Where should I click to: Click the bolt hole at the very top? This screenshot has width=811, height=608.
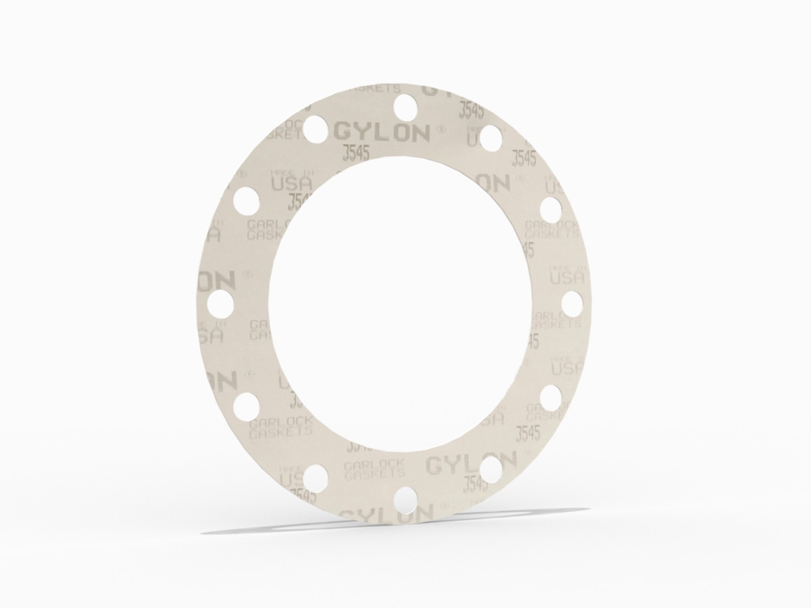click(x=405, y=105)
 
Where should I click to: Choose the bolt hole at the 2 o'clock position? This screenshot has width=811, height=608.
click(x=551, y=208)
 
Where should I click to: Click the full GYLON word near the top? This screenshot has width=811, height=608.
click(x=381, y=132)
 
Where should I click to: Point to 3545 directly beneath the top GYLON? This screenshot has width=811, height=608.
click(x=355, y=153)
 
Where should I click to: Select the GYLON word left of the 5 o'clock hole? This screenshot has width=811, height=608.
click(x=451, y=464)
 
